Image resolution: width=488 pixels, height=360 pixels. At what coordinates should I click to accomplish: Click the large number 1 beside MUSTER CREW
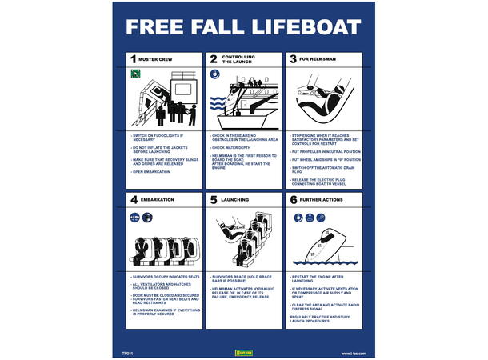(134, 59)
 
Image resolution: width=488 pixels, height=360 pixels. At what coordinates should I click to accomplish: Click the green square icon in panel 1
(134, 74)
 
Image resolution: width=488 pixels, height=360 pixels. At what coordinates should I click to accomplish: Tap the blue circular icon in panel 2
(214, 74)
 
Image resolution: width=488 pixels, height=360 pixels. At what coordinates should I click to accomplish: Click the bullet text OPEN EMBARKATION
(151, 172)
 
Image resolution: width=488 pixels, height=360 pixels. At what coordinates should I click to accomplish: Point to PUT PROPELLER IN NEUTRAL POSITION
(324, 150)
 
